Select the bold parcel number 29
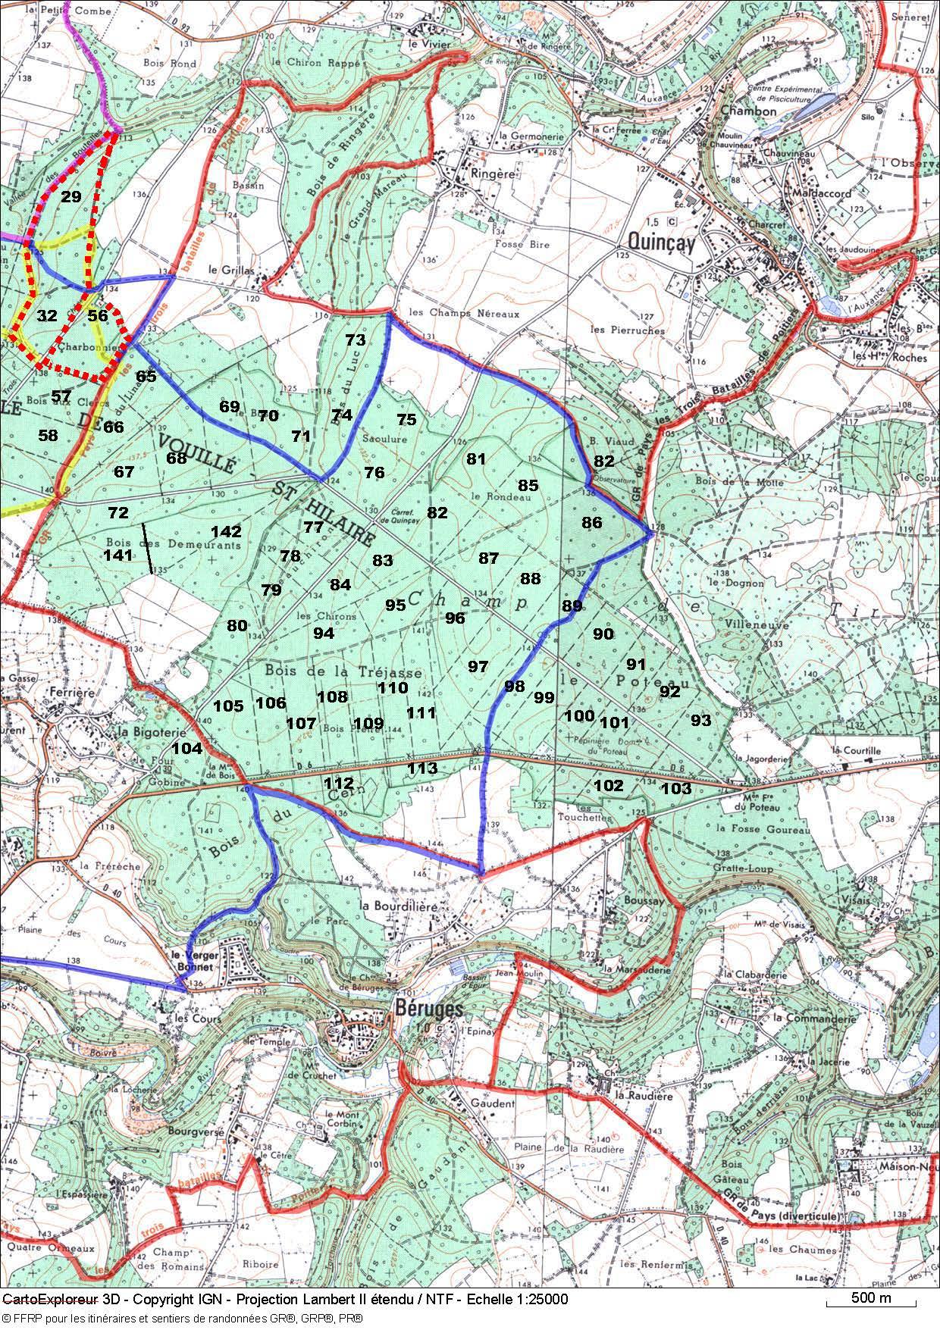pos(71,197)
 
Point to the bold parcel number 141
pos(117,555)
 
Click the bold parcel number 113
pos(422,768)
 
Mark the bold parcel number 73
pos(355,340)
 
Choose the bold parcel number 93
pos(700,720)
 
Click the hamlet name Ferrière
pos(68,692)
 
